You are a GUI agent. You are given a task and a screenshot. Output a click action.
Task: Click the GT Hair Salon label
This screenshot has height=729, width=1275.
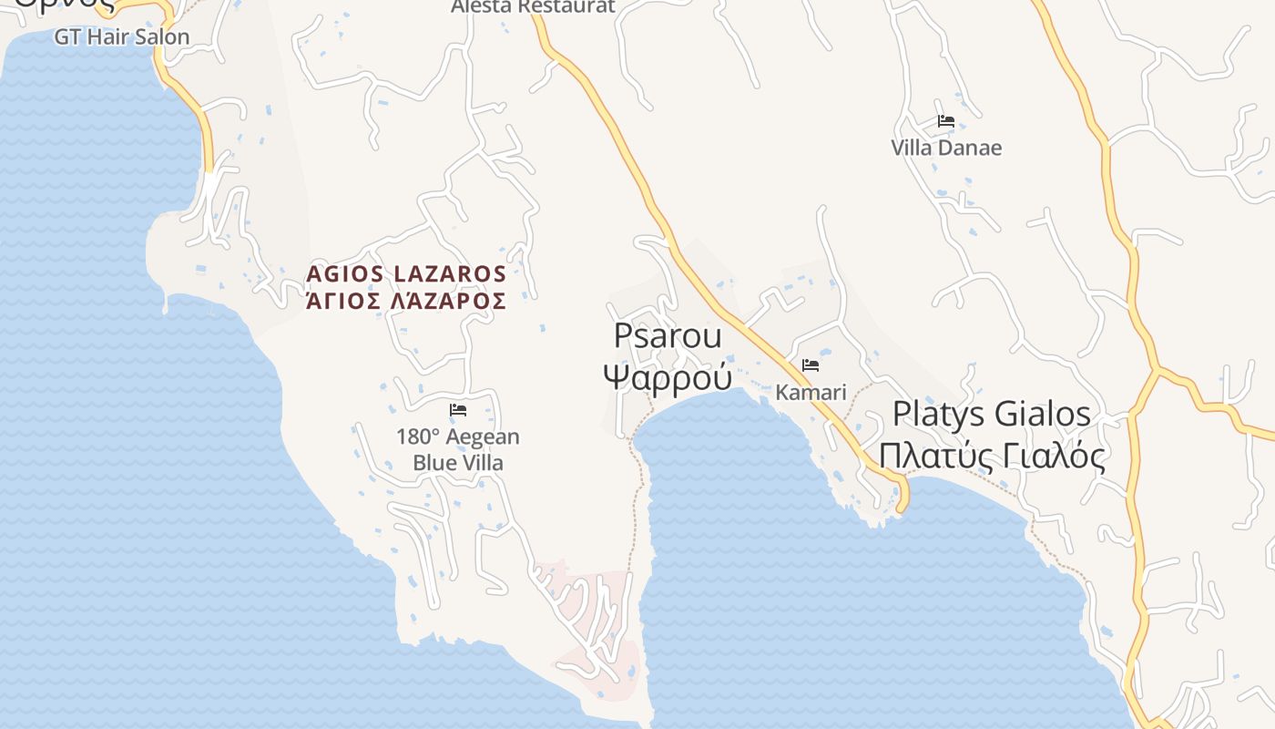click(122, 37)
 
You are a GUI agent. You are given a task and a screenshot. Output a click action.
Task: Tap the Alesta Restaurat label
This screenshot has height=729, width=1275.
click(534, 7)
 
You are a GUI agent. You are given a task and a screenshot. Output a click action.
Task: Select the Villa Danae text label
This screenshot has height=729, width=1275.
click(946, 148)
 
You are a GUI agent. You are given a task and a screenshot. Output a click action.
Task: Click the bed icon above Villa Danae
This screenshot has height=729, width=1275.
click(946, 120)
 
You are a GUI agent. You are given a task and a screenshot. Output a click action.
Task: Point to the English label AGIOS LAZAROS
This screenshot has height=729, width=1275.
click(406, 273)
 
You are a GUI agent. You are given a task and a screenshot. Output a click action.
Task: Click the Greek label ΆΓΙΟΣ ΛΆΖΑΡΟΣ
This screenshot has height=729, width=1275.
click(406, 301)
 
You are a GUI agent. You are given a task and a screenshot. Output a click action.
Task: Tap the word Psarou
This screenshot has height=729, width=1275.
click(668, 335)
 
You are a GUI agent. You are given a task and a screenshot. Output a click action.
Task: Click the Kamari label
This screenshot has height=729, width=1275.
click(811, 393)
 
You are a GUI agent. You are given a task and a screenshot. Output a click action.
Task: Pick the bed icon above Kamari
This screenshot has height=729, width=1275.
click(811, 365)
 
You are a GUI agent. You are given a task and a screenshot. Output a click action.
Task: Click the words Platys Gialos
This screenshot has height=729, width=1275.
click(991, 414)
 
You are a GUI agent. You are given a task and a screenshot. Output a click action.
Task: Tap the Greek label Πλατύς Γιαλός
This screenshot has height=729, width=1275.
click(991, 455)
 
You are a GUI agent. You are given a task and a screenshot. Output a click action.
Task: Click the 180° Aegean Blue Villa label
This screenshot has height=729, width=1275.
click(457, 449)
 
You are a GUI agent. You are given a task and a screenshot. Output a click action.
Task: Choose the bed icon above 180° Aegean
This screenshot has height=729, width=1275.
click(458, 410)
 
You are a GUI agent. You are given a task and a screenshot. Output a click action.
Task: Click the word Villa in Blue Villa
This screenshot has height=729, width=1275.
click(481, 463)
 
